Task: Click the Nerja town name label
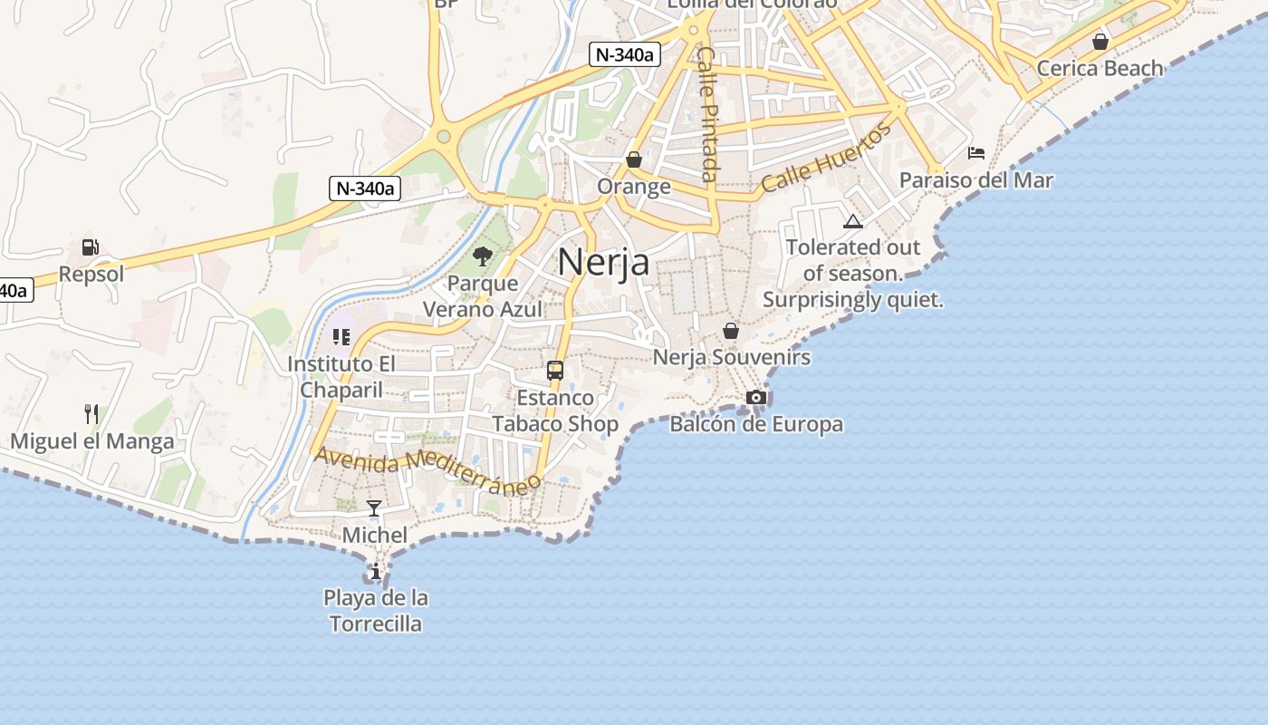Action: pyautogui.click(x=603, y=262)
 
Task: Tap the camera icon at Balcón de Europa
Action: pyautogui.click(x=756, y=397)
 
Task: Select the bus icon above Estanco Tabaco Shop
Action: pyautogui.click(x=555, y=371)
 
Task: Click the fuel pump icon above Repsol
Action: pyautogui.click(x=90, y=246)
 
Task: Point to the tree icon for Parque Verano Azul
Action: pyautogui.click(x=483, y=256)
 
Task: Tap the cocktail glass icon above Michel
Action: pyautogui.click(x=374, y=508)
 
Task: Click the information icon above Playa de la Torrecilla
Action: pyautogui.click(x=375, y=571)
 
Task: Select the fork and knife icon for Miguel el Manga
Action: pyautogui.click(x=91, y=414)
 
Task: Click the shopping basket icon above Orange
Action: pyautogui.click(x=634, y=159)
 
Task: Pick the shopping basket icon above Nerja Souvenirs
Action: pyautogui.click(x=731, y=331)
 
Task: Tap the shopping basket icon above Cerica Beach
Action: pyautogui.click(x=1100, y=42)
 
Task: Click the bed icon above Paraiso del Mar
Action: pyautogui.click(x=976, y=152)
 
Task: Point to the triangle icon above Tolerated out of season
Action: pyautogui.click(x=852, y=221)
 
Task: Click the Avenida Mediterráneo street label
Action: pyautogui.click(x=427, y=469)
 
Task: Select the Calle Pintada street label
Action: pyautogui.click(x=707, y=113)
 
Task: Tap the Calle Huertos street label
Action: pyautogui.click(x=826, y=158)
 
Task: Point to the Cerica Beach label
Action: pyautogui.click(x=1100, y=68)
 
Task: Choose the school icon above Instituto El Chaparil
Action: pyautogui.click(x=341, y=337)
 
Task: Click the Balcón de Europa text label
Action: pyautogui.click(x=756, y=424)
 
